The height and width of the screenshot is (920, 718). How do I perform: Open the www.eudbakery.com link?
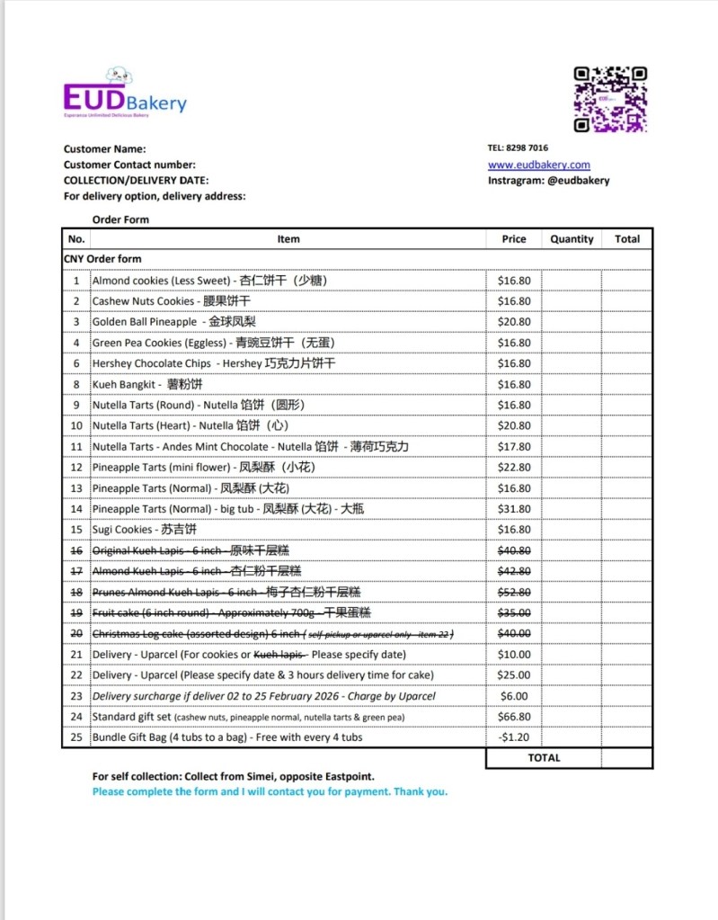click(x=539, y=165)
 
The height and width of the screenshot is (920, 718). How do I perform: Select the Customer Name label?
click(x=104, y=149)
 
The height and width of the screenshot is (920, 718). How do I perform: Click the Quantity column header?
click(x=572, y=239)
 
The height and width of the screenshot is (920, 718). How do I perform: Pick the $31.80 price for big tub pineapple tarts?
click(x=514, y=509)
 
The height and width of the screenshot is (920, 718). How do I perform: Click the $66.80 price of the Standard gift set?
click(x=514, y=717)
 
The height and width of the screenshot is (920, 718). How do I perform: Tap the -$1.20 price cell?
click(x=514, y=737)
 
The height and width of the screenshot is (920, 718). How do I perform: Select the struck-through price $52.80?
click(x=514, y=592)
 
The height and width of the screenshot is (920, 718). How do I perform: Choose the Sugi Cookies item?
click(x=122, y=530)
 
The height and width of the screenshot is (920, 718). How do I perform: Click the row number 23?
click(x=76, y=696)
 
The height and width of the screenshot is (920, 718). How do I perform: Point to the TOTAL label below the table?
click(x=544, y=758)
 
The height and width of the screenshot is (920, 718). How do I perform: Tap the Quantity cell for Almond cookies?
click(x=572, y=281)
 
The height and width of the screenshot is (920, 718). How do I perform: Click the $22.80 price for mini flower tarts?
click(x=514, y=468)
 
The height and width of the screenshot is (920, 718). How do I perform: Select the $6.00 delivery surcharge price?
click(x=514, y=696)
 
